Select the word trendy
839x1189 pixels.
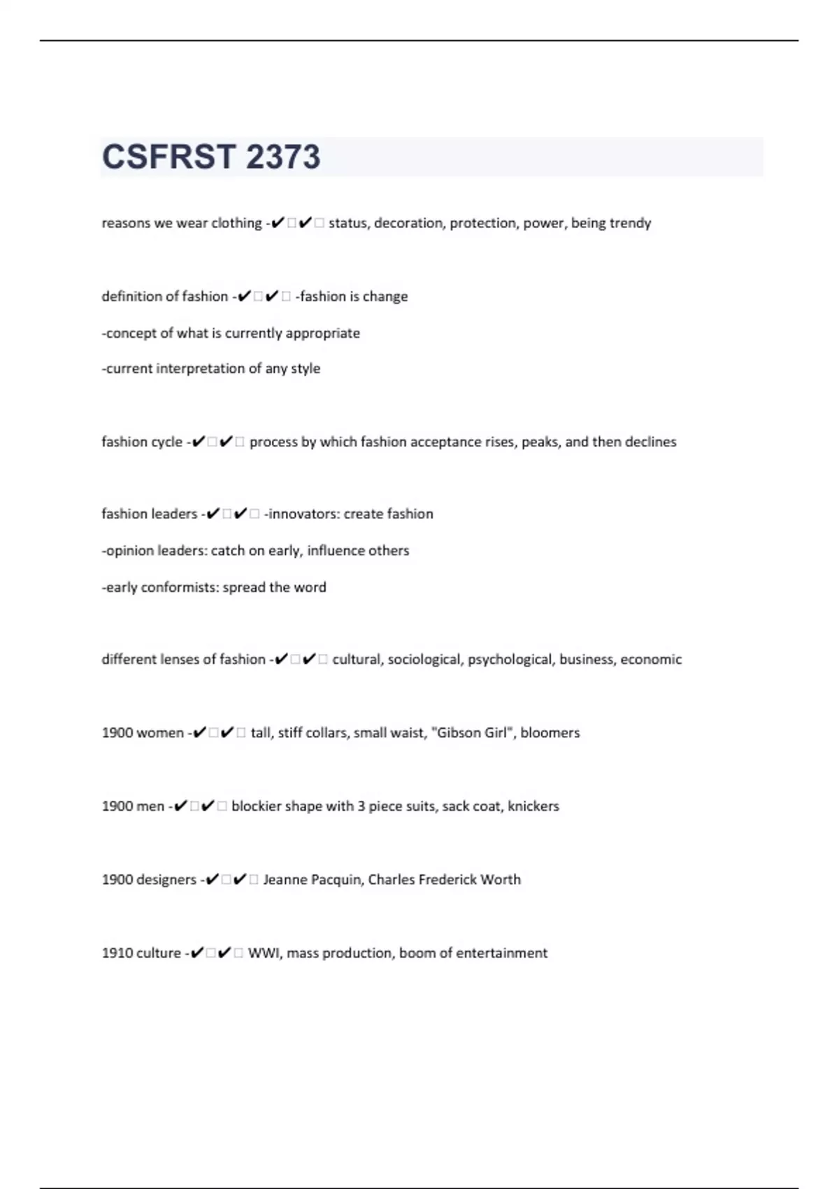pyautogui.click(x=630, y=223)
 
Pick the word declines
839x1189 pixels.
pyautogui.click(x=650, y=442)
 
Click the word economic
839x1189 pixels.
pyautogui.click(x=651, y=660)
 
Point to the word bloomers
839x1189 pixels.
pyautogui.click(x=550, y=733)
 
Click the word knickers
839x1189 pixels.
pyautogui.click(x=533, y=806)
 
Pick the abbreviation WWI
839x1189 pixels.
pyautogui.click(x=264, y=953)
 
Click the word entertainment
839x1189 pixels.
pyautogui.click(x=503, y=953)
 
